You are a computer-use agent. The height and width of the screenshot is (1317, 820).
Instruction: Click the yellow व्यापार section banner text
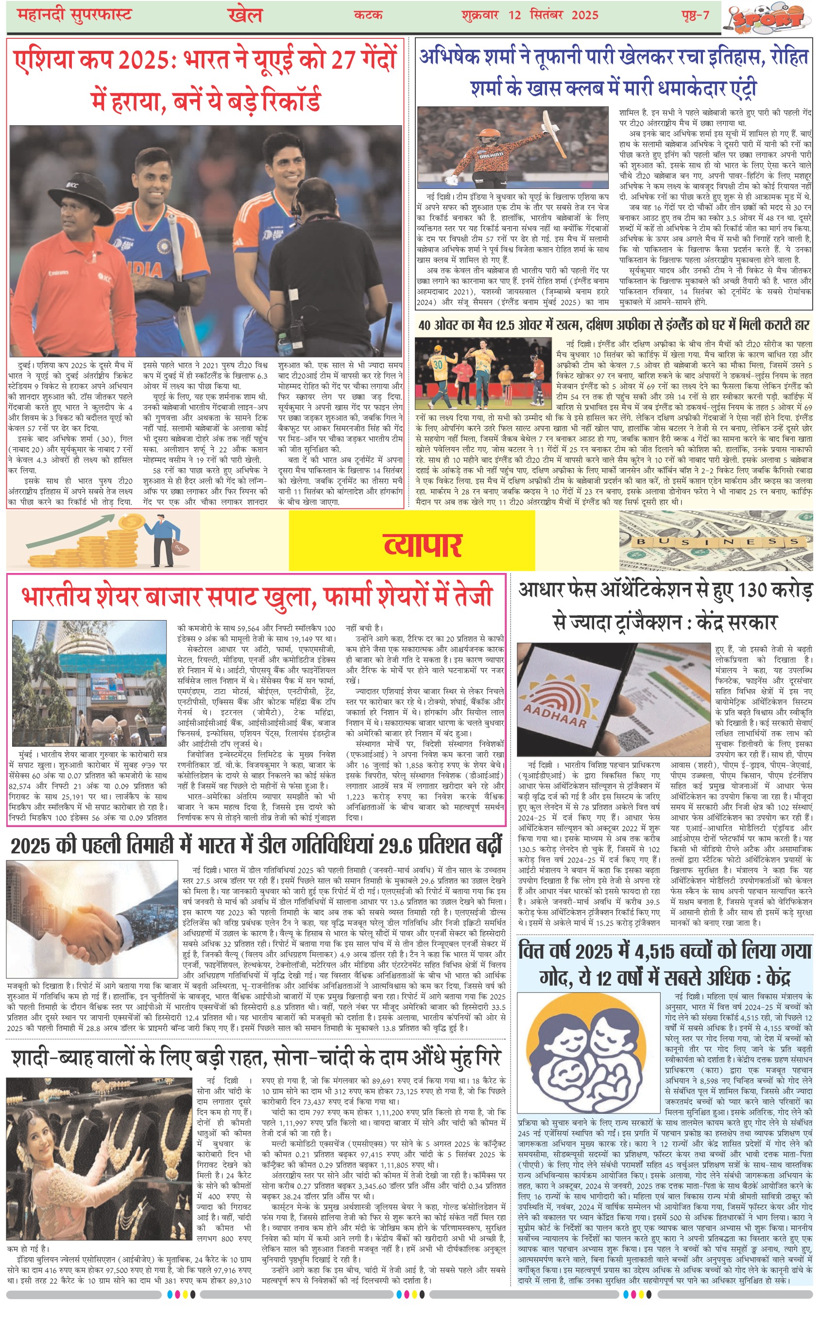422,544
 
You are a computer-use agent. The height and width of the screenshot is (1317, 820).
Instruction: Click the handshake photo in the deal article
92,920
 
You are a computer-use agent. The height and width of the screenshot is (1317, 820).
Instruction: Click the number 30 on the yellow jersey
438,365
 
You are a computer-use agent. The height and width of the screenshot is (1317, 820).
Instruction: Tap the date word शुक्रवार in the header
480,15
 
